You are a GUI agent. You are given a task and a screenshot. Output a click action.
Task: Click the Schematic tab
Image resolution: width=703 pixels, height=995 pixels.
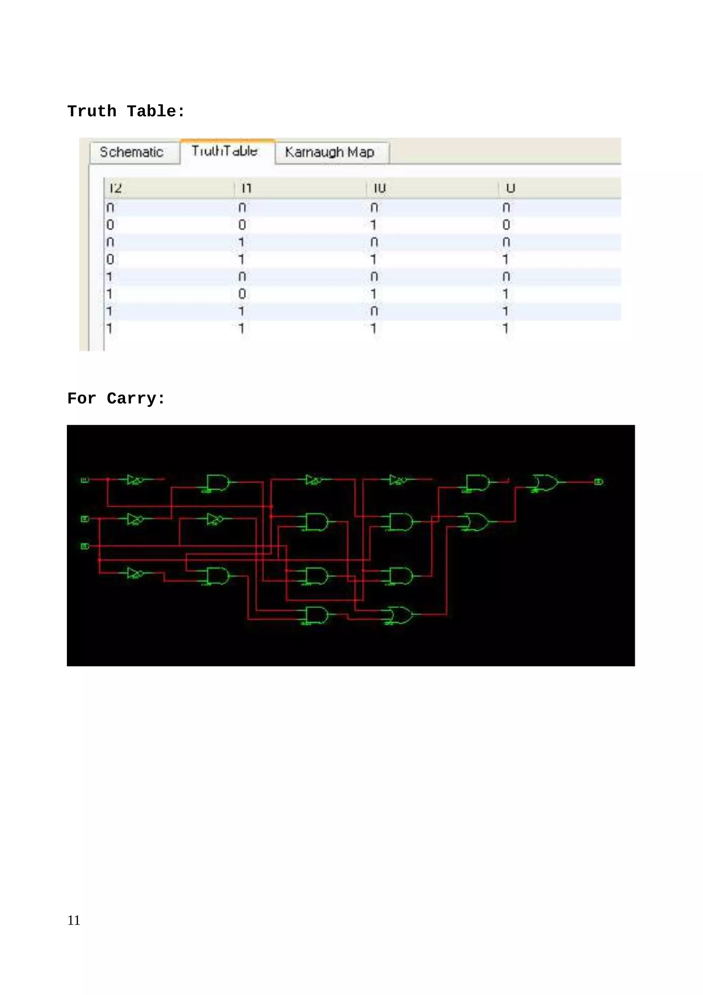click(x=132, y=152)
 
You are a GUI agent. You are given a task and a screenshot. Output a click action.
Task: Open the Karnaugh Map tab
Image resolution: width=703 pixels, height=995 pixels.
click(x=330, y=152)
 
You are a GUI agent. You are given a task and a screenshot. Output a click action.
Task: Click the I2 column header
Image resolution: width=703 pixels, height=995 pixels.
click(x=116, y=188)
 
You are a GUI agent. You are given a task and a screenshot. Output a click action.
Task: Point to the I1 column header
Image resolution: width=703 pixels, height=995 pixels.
click(x=246, y=188)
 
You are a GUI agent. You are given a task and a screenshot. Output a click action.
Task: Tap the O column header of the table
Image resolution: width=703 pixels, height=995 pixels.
click(x=510, y=188)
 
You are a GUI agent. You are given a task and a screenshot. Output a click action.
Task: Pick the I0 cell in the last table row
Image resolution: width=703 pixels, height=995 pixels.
click(x=373, y=329)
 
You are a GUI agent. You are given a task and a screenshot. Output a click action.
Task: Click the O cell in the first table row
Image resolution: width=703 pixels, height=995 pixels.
click(x=506, y=208)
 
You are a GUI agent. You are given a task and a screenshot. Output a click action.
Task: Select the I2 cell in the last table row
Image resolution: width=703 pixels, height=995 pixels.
click(x=109, y=329)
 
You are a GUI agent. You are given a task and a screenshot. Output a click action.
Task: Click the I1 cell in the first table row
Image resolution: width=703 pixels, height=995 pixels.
click(x=242, y=208)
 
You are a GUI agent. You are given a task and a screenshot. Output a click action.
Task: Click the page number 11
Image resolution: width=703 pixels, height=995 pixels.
click(x=74, y=920)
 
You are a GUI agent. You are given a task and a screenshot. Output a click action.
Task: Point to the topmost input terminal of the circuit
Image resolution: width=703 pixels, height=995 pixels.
click(x=85, y=479)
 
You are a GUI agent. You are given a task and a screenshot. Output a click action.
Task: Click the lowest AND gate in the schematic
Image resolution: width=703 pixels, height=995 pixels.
click(x=316, y=615)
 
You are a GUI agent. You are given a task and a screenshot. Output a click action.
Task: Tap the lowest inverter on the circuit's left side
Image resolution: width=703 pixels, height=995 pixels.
click(x=135, y=573)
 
